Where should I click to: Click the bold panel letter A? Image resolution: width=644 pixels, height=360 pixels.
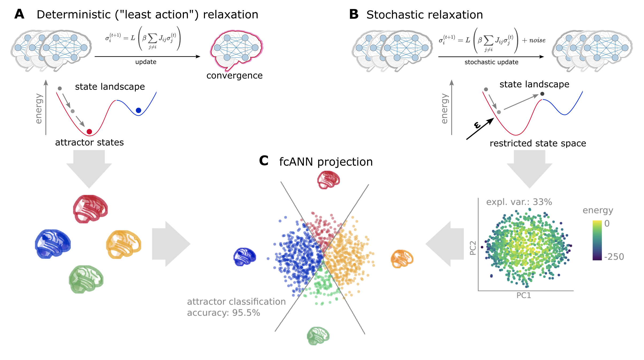point(19,14)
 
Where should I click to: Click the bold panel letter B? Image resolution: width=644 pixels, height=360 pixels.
point(354,14)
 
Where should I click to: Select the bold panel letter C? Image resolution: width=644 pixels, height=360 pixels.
point(263,161)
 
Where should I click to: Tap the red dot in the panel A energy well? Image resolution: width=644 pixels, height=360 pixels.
point(89,132)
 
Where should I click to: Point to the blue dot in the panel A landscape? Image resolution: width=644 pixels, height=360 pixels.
point(138,110)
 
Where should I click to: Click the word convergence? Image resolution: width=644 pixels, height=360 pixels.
point(234,76)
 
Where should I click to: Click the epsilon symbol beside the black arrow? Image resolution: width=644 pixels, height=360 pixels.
point(477,125)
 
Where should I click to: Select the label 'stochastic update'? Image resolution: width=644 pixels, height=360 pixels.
point(491,62)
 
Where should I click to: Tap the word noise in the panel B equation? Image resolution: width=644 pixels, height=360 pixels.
point(537,40)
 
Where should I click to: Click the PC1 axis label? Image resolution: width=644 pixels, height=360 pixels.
point(523,295)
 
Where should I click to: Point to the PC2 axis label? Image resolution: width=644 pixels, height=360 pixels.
point(473,248)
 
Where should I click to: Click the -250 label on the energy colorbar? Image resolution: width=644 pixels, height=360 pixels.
point(614,257)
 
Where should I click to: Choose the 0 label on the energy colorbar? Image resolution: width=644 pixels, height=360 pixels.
point(607,223)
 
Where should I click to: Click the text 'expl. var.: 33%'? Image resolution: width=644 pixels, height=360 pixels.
point(519,202)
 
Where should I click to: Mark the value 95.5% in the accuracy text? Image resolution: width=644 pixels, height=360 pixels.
point(246,313)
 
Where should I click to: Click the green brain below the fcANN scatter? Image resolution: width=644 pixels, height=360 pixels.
point(318,336)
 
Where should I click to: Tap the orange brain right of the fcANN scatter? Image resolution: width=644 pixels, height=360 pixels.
point(402,259)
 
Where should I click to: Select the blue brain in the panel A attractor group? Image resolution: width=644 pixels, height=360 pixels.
point(53,243)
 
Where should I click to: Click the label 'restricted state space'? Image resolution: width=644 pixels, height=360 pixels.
point(538,143)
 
